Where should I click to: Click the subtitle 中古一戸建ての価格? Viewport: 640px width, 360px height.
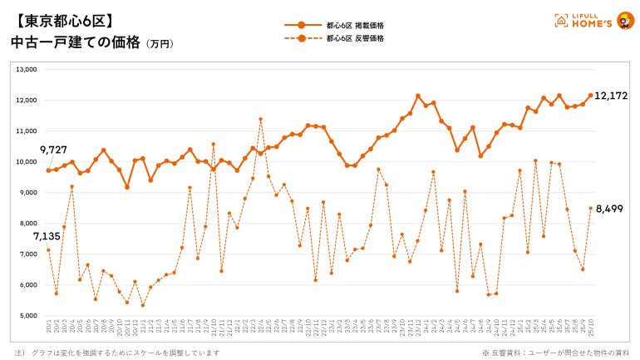tap(76, 41)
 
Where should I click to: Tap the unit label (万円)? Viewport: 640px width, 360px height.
tap(160, 43)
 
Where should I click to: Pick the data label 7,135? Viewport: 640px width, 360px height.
tap(46, 236)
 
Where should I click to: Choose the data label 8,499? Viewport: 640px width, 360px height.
tap(609, 210)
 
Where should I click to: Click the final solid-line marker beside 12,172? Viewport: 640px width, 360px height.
tap(590, 96)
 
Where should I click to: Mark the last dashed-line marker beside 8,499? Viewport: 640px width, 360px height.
tap(590, 209)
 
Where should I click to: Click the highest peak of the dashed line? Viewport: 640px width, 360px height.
tap(261, 119)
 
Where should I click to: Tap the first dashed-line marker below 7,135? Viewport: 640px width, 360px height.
tap(48, 250)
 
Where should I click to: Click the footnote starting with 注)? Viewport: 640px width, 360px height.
tap(116, 353)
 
